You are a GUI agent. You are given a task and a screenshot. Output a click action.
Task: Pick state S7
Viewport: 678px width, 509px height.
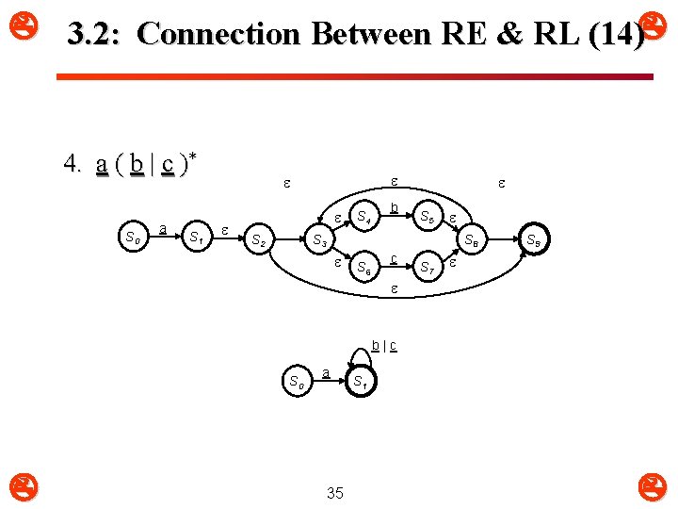[x=428, y=267]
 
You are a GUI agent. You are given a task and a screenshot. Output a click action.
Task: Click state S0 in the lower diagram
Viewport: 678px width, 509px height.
[x=295, y=383]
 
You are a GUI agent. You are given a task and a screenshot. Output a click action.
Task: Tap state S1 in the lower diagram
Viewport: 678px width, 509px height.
[x=359, y=383]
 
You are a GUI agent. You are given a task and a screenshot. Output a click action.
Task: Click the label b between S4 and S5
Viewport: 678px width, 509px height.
[x=395, y=206]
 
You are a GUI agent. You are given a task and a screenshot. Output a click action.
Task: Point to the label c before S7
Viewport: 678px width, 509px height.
[x=394, y=257]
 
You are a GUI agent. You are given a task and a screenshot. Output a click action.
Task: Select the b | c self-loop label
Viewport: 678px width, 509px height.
[x=383, y=345]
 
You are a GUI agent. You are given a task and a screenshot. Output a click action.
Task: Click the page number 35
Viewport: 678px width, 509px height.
[x=334, y=492]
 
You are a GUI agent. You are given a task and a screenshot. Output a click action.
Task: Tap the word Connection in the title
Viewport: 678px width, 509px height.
[x=217, y=35]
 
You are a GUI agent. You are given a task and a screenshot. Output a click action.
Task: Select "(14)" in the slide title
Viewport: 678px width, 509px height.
[x=615, y=35]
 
